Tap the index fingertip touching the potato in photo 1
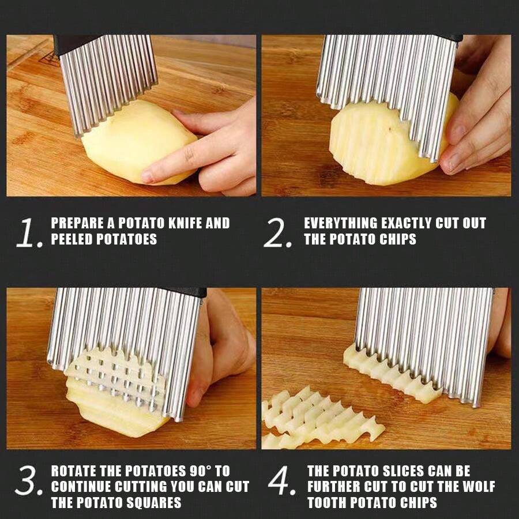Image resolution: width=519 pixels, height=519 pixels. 148,176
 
